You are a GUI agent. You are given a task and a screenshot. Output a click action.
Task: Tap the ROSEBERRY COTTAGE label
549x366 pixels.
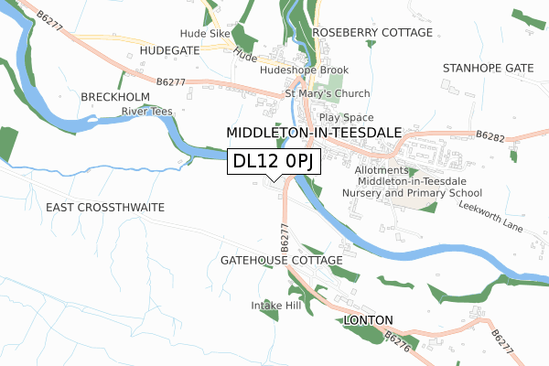tap(372, 32)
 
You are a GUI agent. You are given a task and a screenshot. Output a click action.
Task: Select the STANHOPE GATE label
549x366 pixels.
tap(487, 69)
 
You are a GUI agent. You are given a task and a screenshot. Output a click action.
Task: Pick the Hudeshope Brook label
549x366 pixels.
tap(305, 70)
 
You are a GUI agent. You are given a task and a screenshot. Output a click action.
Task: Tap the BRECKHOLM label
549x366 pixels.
tap(115, 96)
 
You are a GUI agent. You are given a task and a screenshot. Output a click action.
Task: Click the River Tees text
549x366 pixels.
tap(148, 112)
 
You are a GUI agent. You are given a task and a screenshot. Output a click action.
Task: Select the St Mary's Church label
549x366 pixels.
tap(328, 93)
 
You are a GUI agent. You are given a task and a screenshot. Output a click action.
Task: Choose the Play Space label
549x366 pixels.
tap(346, 118)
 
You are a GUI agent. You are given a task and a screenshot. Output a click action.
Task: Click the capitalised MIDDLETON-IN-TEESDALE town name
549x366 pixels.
tap(314, 133)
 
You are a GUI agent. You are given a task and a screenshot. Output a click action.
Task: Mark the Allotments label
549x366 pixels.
tap(381, 170)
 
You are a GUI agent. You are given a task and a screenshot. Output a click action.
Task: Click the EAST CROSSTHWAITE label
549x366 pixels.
tap(105, 208)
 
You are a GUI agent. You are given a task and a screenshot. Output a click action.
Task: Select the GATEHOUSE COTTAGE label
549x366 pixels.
tap(281, 261)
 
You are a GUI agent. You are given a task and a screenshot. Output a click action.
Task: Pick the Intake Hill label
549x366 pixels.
tap(276, 305)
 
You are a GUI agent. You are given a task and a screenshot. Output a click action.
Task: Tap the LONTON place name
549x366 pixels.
tap(369, 320)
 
